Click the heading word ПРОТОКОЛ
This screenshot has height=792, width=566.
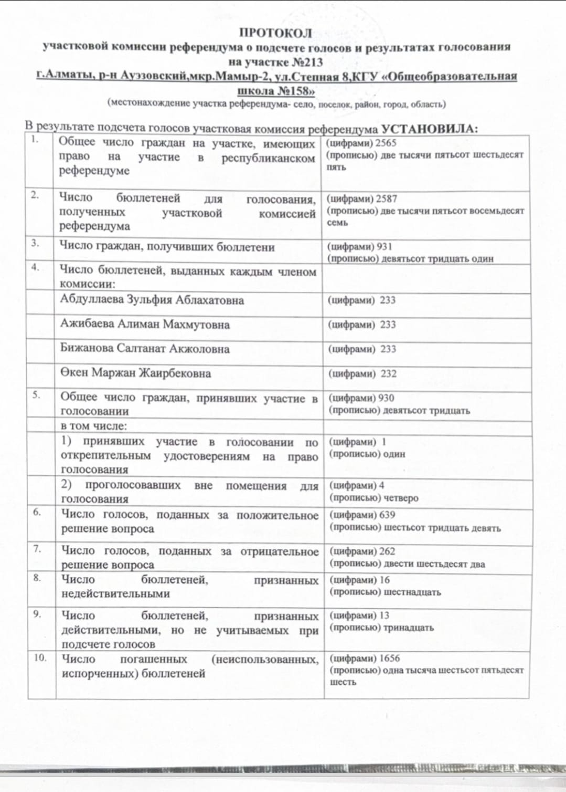pyautogui.click(x=275, y=33)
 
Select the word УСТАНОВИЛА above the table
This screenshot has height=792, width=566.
pyautogui.click(x=429, y=129)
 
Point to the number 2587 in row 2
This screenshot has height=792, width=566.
pyautogui.click(x=387, y=199)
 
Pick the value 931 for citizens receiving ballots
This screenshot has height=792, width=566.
pyautogui.click(x=384, y=246)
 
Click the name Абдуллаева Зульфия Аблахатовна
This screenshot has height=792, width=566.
pyautogui.click(x=152, y=300)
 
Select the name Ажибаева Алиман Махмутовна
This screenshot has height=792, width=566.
pyautogui.click(x=145, y=324)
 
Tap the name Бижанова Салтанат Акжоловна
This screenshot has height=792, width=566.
pyautogui.click(x=145, y=349)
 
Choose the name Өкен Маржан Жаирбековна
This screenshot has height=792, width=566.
pyautogui.click(x=136, y=373)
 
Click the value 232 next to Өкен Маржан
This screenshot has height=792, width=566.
pyautogui.click(x=389, y=374)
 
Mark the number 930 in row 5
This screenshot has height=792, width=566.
pyautogui.click(x=386, y=398)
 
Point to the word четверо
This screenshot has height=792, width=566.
pyautogui.click(x=401, y=498)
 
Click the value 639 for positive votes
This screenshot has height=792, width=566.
pyautogui.click(x=387, y=515)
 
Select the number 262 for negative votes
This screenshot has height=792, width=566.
pyautogui.click(x=387, y=551)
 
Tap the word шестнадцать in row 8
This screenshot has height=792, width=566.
pyautogui.click(x=413, y=592)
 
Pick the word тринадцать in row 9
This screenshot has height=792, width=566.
pyautogui.click(x=409, y=628)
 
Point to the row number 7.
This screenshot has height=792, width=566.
pyautogui.click(x=37, y=549)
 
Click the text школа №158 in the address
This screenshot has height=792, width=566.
pyautogui.click(x=276, y=90)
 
